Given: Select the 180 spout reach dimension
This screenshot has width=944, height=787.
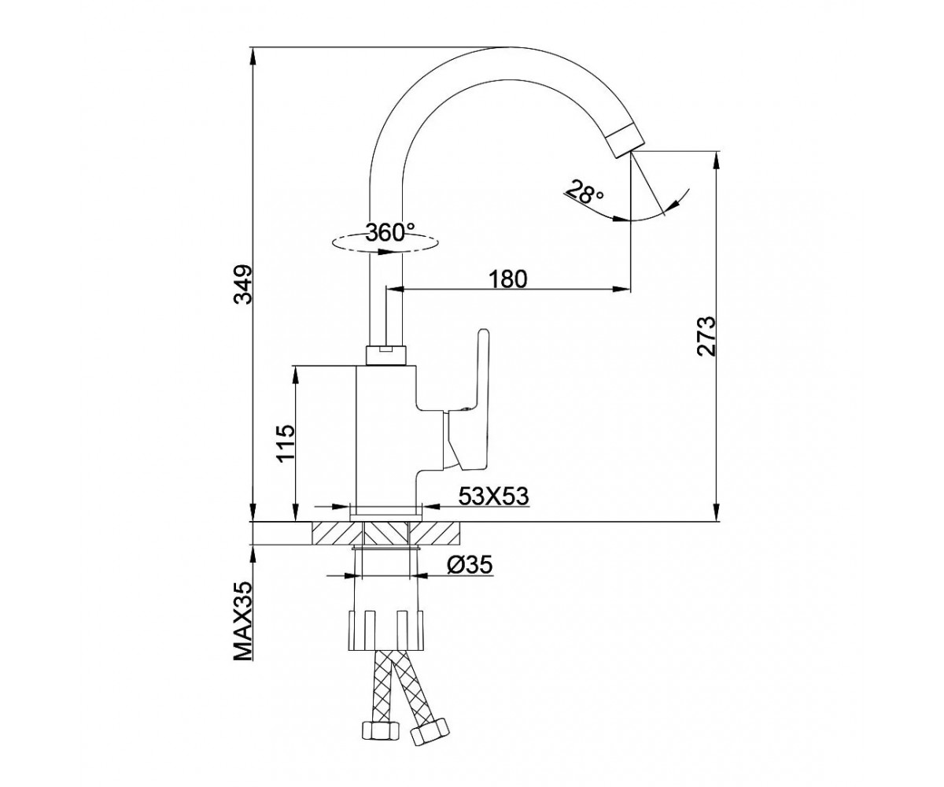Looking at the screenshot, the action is point(508,279).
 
